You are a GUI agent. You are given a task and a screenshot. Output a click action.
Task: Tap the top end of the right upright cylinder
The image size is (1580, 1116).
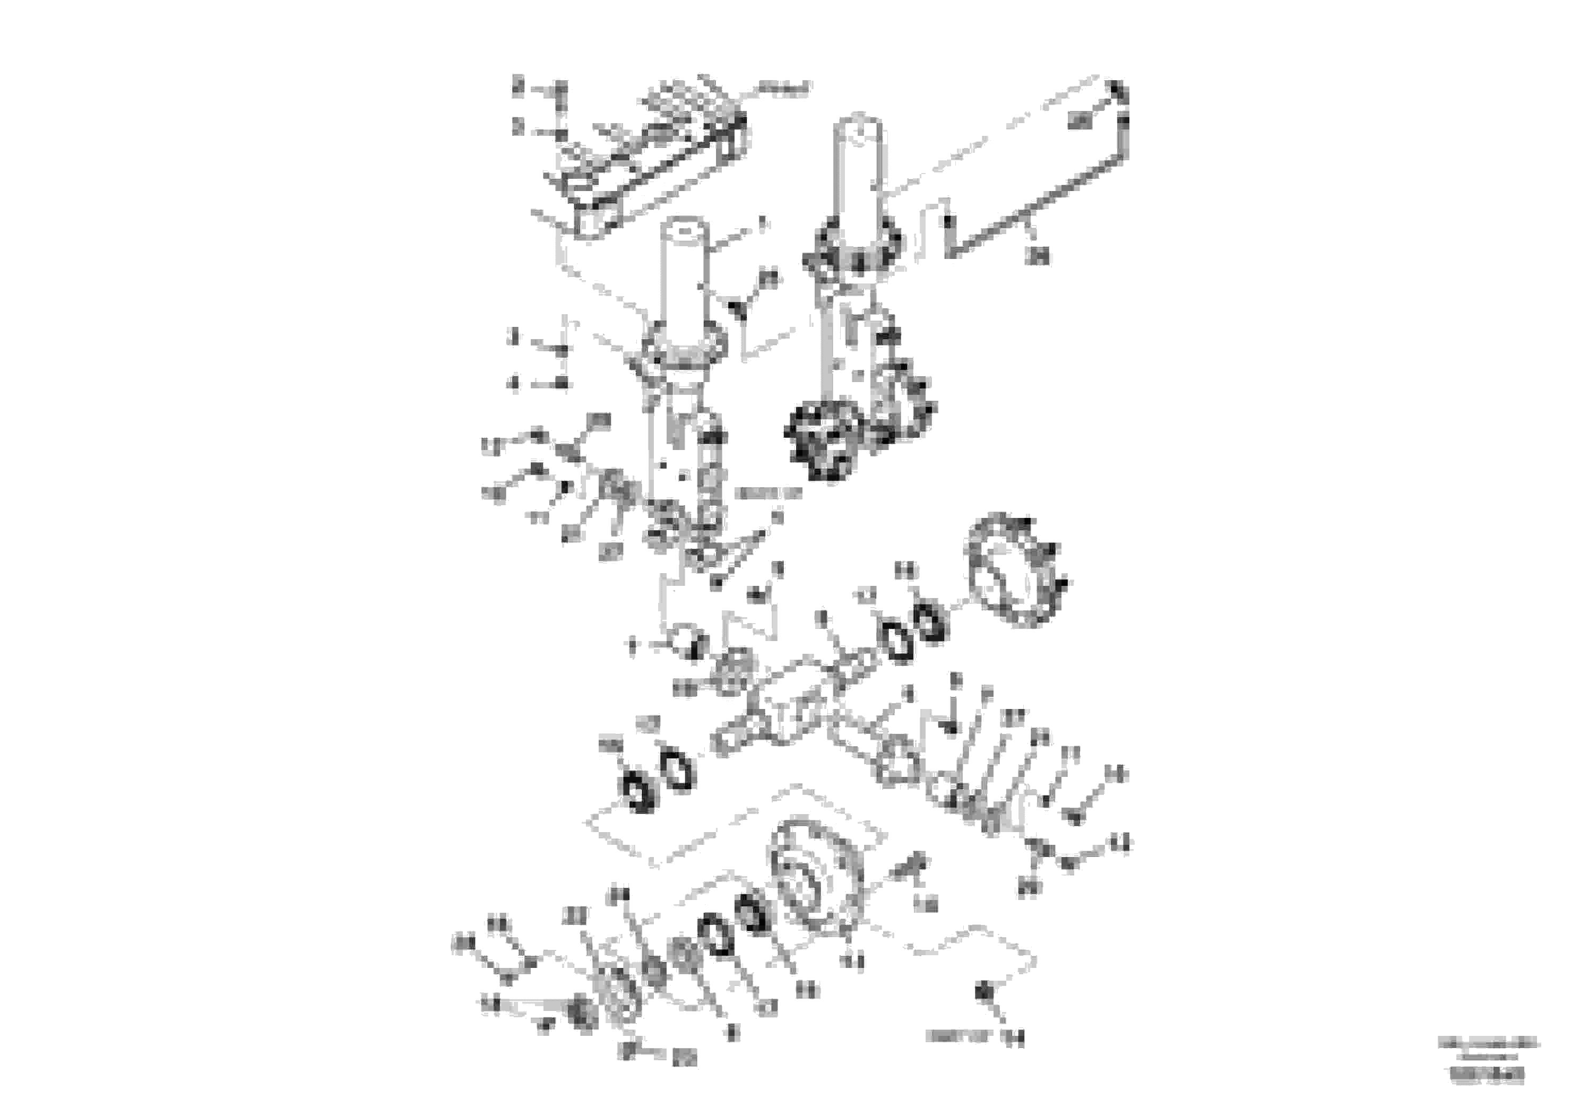coord(858,124)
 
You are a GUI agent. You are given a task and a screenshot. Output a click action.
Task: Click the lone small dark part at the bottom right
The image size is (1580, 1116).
coord(983,993)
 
